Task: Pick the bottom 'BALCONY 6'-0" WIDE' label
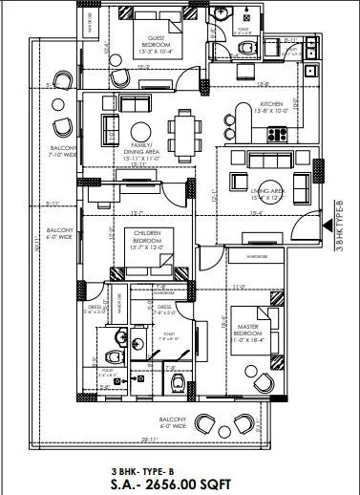[173, 423]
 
